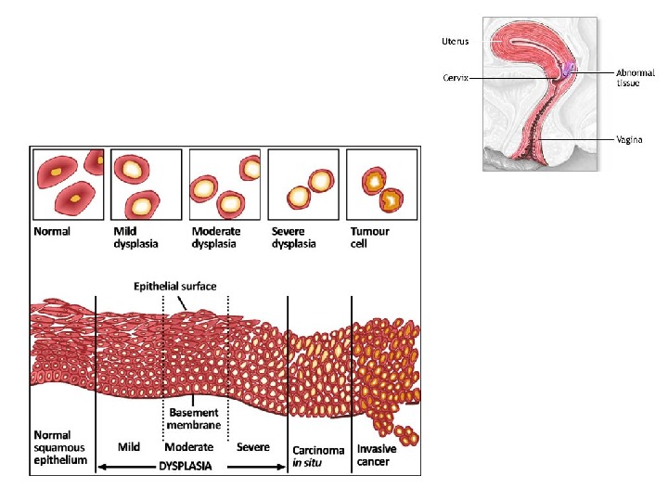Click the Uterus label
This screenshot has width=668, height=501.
point(455,41)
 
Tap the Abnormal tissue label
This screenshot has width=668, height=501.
point(635,77)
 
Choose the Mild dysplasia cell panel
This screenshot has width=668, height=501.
point(146,184)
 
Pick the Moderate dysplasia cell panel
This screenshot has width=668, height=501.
point(224,184)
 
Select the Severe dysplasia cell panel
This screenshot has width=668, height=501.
point(302,184)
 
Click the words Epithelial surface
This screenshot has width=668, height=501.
point(175,287)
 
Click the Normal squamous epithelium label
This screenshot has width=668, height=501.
point(60,447)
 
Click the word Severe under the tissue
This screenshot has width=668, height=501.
point(253,447)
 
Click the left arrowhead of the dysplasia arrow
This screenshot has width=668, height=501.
point(99,467)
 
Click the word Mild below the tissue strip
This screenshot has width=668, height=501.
point(129,447)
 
